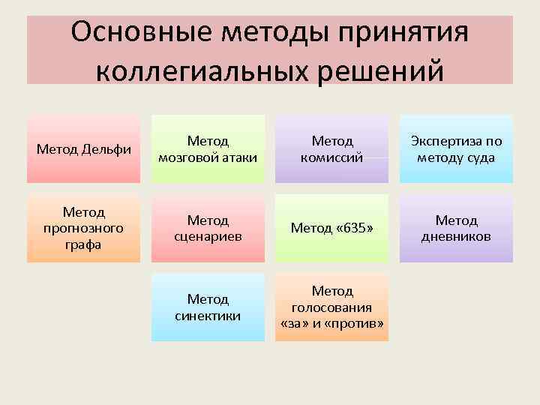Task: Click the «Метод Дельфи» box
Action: click(83, 148)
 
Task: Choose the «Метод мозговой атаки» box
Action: click(208, 148)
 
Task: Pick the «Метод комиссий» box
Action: click(331, 148)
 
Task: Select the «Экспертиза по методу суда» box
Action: click(456, 148)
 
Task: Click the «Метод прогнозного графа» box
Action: click(83, 228)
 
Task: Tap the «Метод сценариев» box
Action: click(208, 228)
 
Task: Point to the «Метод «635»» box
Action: click(331, 228)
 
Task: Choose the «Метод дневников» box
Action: click(456, 228)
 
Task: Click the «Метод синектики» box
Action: click(208, 307)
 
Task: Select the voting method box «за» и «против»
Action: click(331, 307)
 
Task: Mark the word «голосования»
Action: click(331, 307)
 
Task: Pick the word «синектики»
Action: click(208, 315)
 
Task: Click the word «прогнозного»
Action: click(83, 228)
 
